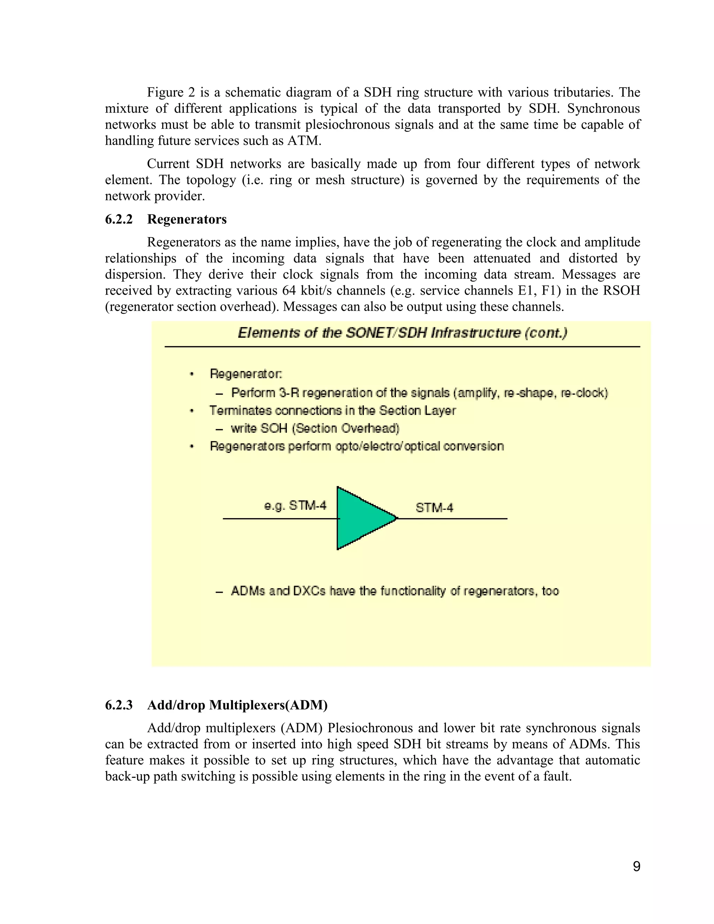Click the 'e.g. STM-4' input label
295,506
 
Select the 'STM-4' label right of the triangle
434,507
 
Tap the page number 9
636,866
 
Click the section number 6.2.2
119,219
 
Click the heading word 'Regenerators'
187,219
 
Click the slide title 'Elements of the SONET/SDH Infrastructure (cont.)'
402,333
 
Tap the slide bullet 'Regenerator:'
246,373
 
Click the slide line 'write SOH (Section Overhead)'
315,428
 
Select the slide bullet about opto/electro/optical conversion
357,446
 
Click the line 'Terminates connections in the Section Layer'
333,410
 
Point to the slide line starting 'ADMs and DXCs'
395,591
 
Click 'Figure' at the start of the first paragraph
165,92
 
